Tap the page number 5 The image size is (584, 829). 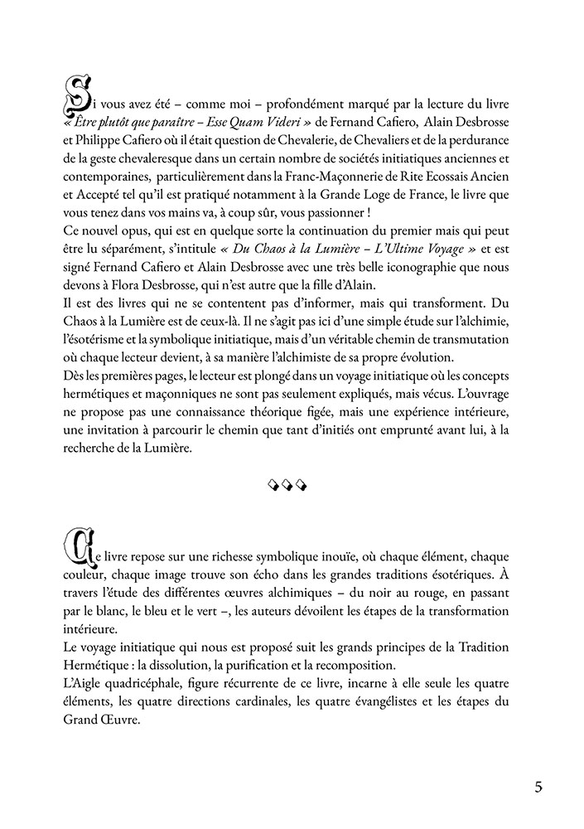point(538,787)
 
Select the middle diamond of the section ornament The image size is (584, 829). point(292,484)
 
